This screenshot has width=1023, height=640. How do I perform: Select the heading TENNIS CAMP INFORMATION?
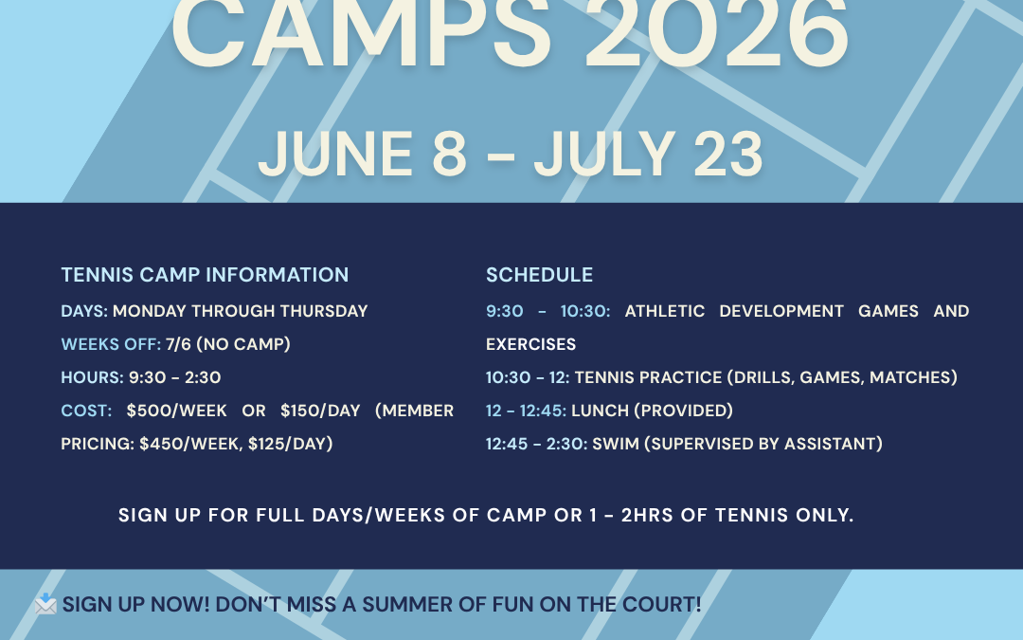[x=205, y=275]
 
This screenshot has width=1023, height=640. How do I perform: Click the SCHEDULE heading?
[x=539, y=275]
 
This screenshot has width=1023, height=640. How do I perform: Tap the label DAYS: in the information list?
[x=84, y=311]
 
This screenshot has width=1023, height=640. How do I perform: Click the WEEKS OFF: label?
[x=111, y=344]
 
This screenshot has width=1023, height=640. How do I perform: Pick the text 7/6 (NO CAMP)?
[x=228, y=344]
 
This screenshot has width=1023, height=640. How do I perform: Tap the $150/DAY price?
[x=320, y=411]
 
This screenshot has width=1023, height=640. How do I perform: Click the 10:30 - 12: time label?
[x=528, y=377]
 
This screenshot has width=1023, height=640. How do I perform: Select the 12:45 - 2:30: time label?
[x=536, y=444]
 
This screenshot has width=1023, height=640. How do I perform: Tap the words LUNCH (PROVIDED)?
[x=653, y=411]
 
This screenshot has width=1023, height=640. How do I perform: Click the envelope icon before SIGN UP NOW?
[x=45, y=604]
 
